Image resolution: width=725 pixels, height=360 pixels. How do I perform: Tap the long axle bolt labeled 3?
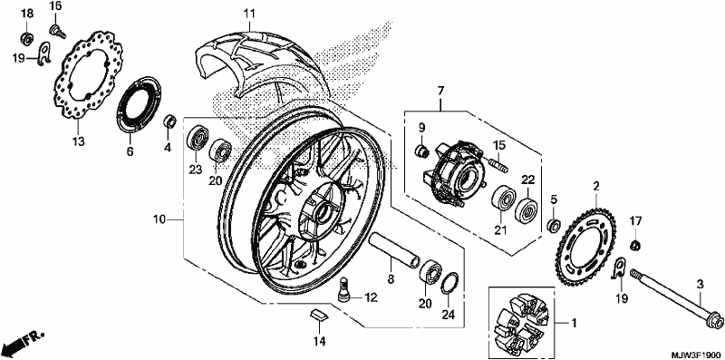tap(672, 297)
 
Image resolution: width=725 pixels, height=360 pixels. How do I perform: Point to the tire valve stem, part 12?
tap(344, 290)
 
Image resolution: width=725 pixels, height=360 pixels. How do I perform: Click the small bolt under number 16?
tap(57, 32)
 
